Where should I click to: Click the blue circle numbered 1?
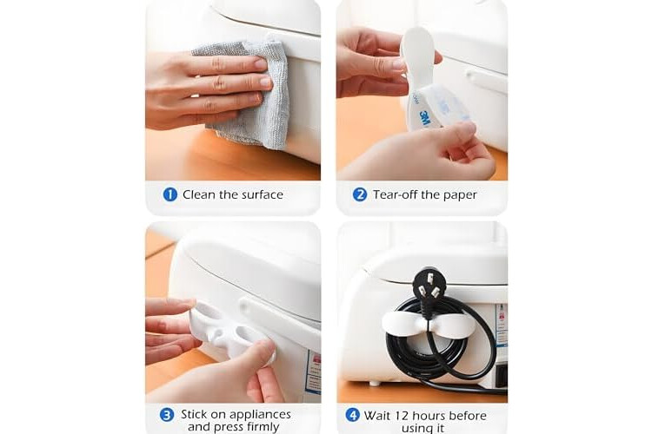click(x=170, y=194)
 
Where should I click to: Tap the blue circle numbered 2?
click(x=360, y=194)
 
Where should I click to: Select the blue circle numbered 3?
click(x=167, y=415)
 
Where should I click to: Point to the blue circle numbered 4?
click(x=352, y=415)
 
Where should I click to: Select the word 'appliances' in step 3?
click(x=259, y=415)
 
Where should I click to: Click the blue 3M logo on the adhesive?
click(x=424, y=118)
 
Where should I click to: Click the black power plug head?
click(x=427, y=283)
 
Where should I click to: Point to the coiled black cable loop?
click(x=441, y=345)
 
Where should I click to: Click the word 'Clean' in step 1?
click(x=199, y=194)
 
